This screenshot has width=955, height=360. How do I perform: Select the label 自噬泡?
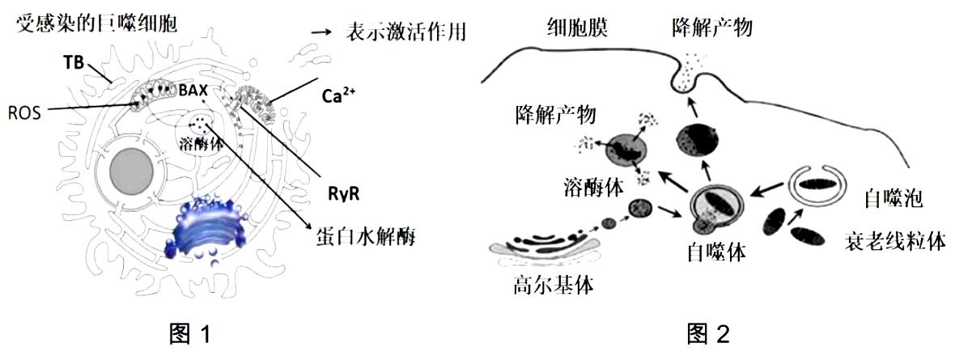[893, 197]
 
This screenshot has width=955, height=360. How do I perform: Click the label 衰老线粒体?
[895, 242]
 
